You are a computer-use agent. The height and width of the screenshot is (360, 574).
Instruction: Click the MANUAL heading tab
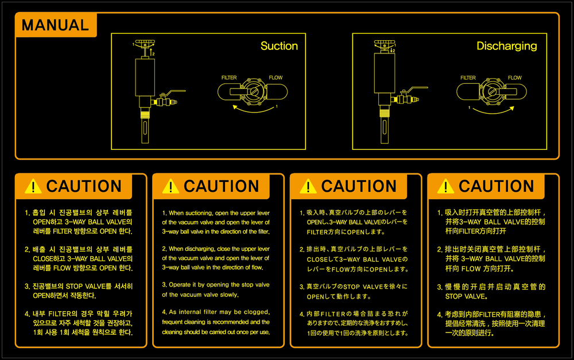click(x=55, y=25)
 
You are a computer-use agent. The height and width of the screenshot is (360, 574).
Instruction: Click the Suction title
click(x=279, y=46)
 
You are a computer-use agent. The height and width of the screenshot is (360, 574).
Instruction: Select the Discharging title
click(x=506, y=46)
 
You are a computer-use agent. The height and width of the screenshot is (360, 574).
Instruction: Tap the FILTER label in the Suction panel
click(x=229, y=78)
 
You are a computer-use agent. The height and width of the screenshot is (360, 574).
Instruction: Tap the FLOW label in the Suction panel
click(x=276, y=78)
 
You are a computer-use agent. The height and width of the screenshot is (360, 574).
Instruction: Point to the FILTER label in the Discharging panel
click(x=468, y=78)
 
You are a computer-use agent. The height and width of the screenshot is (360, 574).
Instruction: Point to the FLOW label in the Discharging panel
click(x=514, y=78)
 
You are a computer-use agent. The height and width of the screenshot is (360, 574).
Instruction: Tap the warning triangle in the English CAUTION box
click(x=170, y=187)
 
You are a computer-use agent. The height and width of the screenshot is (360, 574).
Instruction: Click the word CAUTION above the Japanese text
click(x=359, y=187)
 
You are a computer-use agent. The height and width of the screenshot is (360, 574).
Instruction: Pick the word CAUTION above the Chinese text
click(x=497, y=187)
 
